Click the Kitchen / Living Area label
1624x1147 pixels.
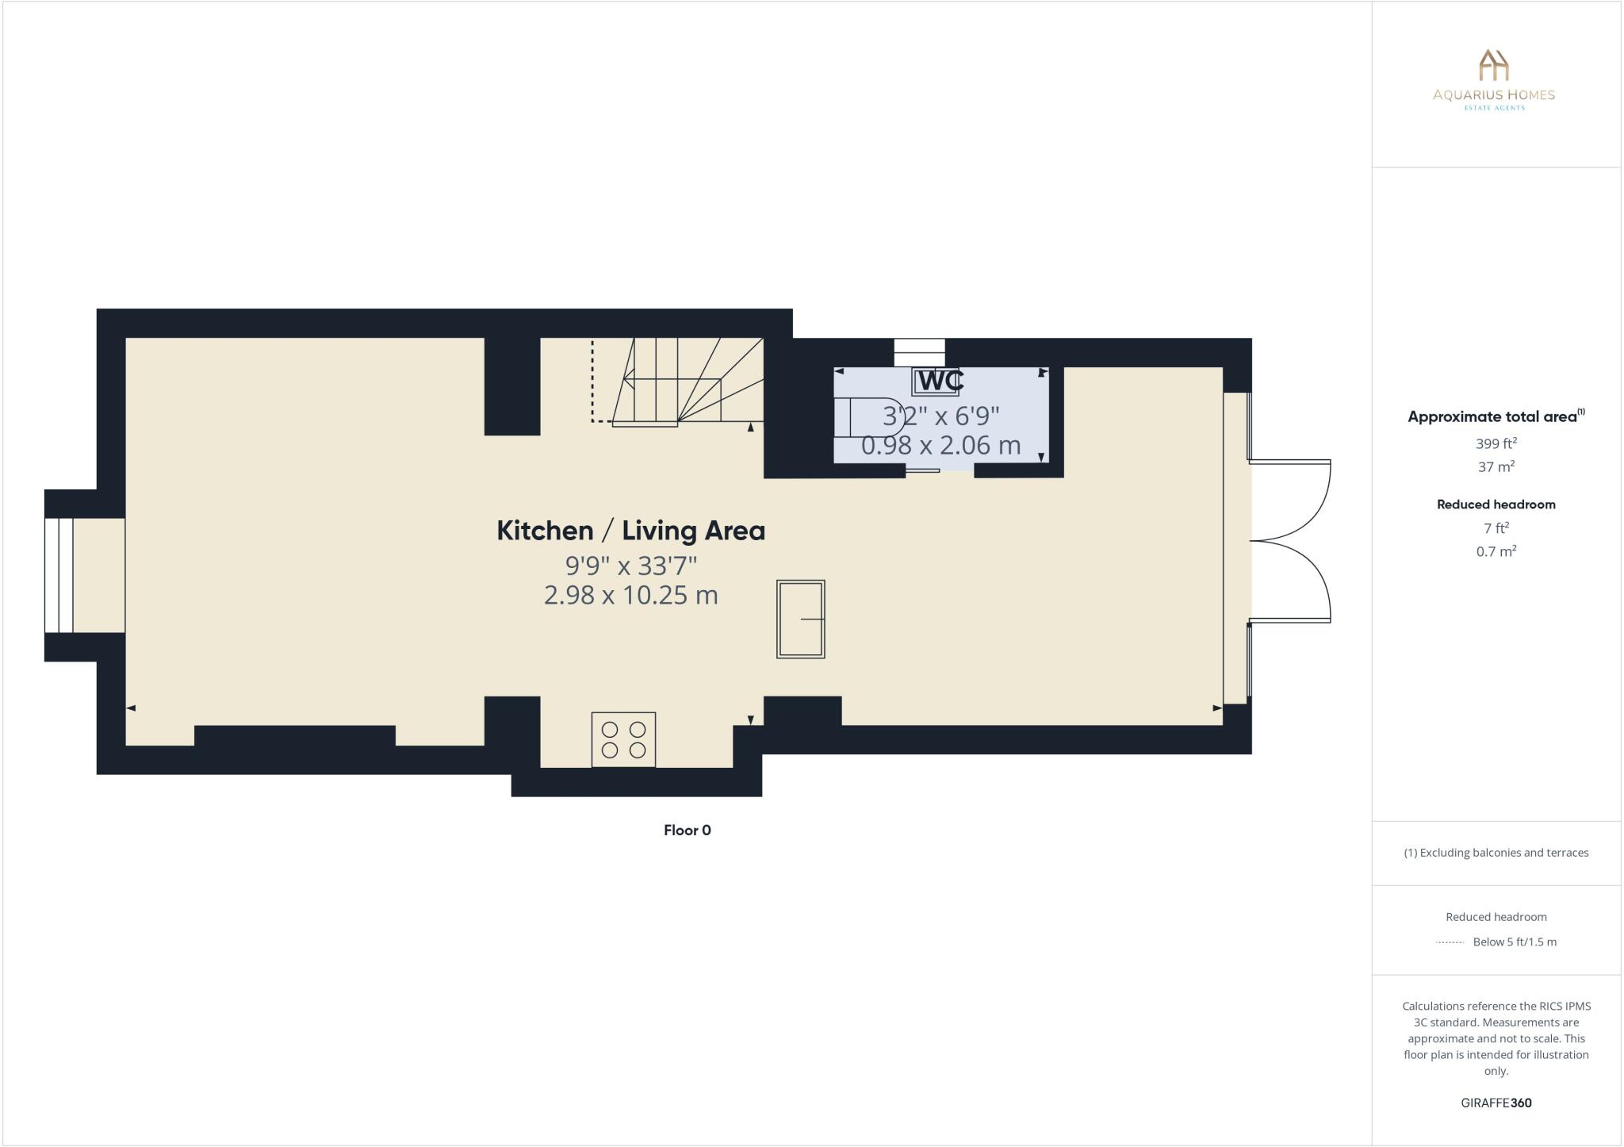630,531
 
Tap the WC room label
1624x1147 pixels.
940,381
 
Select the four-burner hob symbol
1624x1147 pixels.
623,739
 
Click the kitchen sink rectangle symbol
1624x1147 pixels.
800,619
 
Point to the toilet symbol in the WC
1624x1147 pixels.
868,416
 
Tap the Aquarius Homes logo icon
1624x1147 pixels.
1494,65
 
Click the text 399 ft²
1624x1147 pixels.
1496,443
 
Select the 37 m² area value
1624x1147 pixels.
1496,466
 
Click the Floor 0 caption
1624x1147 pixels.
687,831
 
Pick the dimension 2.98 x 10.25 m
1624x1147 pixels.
630,595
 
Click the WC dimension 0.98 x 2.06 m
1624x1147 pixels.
940,446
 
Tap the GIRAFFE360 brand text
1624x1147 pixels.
1496,1103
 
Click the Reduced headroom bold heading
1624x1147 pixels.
1496,504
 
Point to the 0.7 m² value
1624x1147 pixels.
1496,551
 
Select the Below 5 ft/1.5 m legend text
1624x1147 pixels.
1514,942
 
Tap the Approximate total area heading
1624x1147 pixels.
1492,416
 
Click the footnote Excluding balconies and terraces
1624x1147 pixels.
1496,853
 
